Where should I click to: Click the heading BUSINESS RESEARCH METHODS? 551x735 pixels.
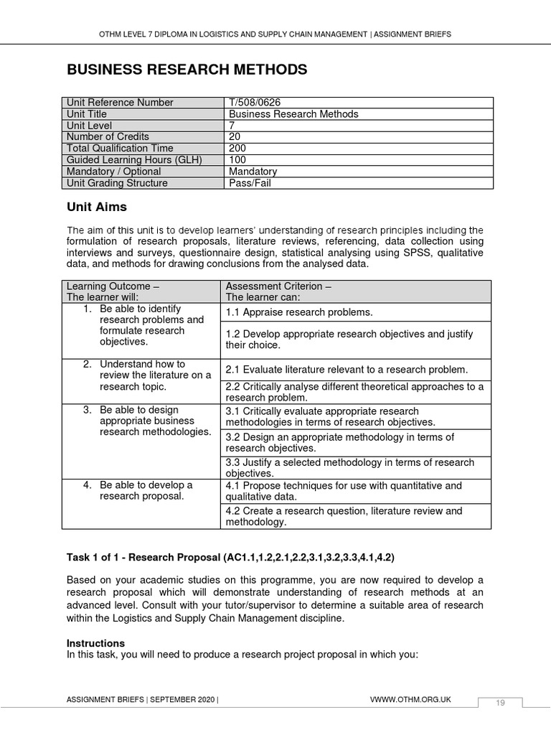187,70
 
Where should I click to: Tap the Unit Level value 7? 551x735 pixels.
232,126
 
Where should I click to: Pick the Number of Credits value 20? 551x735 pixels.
235,137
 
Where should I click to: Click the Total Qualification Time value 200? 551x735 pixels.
237,149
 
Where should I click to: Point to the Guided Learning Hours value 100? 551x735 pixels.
237,160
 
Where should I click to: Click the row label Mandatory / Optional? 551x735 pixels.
113,172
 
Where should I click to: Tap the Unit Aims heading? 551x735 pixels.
96,207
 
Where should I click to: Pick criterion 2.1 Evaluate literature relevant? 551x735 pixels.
347,370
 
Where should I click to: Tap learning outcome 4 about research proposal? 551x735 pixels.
146,490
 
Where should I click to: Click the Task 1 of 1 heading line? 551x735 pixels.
230,557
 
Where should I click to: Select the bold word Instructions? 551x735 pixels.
95,643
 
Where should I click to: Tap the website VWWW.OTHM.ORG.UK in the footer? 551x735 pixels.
410,699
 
